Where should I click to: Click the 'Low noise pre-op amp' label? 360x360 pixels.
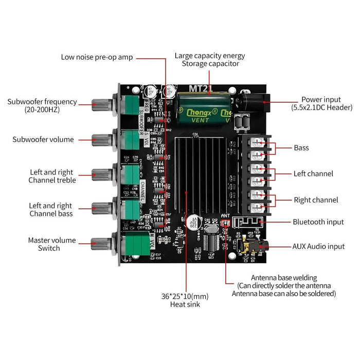point(97,57)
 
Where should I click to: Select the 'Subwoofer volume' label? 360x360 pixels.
point(43,139)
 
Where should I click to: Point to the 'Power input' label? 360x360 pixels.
point(321,103)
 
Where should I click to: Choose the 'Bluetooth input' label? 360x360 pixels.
point(318,222)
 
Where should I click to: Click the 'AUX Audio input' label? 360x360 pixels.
point(318,247)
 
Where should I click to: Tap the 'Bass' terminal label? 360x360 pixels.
point(301,148)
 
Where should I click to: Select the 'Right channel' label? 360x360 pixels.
point(316,200)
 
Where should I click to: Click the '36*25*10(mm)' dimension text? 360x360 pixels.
point(185,296)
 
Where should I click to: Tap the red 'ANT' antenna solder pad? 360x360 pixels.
point(226,223)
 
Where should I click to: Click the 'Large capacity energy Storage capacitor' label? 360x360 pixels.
point(210,60)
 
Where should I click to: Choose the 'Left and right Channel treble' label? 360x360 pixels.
point(52,176)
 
